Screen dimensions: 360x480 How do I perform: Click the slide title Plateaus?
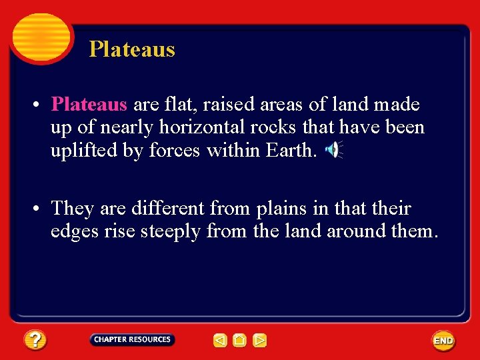(132, 49)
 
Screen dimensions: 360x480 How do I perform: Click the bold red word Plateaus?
(89, 105)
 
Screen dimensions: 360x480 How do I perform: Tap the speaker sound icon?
(332, 151)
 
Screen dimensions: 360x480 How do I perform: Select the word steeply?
(171, 231)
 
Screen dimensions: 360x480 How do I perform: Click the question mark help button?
(35, 340)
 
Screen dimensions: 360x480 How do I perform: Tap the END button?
(443, 341)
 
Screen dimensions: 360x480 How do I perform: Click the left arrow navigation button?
(220, 341)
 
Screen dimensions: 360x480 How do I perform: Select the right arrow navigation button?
(260, 341)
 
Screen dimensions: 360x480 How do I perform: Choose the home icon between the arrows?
(240, 341)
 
